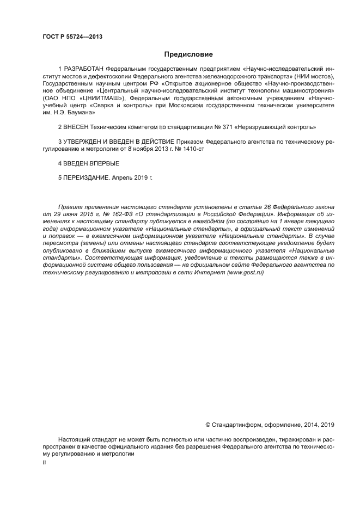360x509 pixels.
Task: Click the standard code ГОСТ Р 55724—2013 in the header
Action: click(72, 37)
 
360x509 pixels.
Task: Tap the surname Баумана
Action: click(81, 113)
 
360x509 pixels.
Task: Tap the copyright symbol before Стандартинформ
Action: click(208, 425)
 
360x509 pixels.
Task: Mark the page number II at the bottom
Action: click(45, 462)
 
